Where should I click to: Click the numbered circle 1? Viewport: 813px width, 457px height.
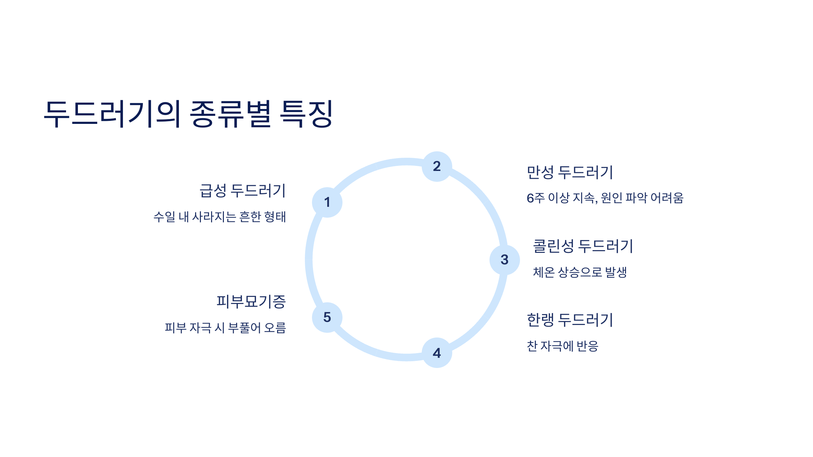pyautogui.click(x=327, y=202)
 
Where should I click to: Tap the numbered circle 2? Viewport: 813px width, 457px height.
pyautogui.click(x=437, y=166)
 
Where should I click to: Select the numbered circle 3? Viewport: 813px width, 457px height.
pyautogui.click(x=504, y=260)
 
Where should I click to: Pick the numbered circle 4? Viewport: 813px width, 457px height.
pyautogui.click(x=437, y=353)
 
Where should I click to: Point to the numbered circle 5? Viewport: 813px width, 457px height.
pyautogui.click(x=327, y=317)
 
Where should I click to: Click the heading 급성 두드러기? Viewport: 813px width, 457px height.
pyautogui.click(x=243, y=191)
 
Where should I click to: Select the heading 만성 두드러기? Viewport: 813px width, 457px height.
pyautogui.click(x=570, y=172)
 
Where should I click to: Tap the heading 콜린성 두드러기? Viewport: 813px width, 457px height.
pyautogui.click(x=583, y=246)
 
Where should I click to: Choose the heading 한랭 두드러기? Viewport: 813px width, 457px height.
pyautogui.click(x=570, y=320)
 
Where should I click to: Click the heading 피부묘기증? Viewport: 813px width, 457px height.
pyautogui.click(x=251, y=301)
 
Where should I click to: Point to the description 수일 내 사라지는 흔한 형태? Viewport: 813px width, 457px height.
pyautogui.click(x=220, y=217)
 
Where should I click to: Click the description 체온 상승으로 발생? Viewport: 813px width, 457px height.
pyautogui.click(x=580, y=272)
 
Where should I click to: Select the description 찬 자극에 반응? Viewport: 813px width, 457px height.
pyautogui.click(x=563, y=346)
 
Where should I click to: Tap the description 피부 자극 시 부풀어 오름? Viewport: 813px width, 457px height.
pyautogui.click(x=225, y=328)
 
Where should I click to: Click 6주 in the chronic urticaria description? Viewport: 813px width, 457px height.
pyautogui.click(x=536, y=198)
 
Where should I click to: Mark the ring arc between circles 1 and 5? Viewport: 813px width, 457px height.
pyautogui.click(x=309, y=260)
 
